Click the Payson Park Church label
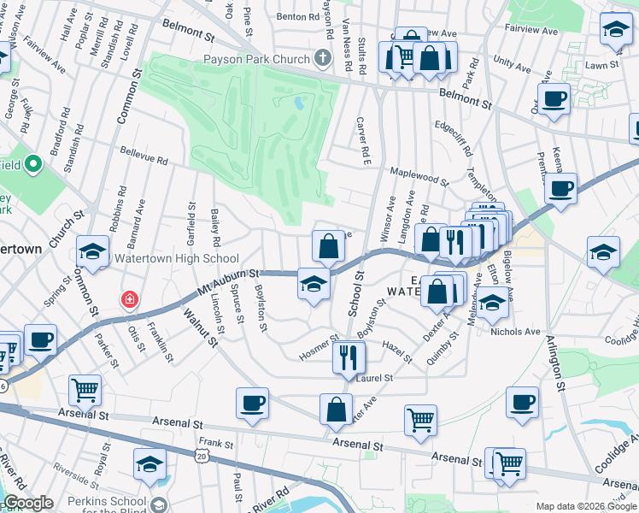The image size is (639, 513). click(256, 60)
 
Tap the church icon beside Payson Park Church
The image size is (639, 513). click(322, 59)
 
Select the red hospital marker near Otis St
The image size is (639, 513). click(129, 299)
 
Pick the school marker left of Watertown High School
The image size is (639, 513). click(92, 252)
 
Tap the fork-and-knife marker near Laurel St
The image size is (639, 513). click(349, 357)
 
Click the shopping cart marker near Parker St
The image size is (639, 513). click(85, 390)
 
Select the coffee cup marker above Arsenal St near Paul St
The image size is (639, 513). click(252, 404)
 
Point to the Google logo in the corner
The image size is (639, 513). click(28, 503)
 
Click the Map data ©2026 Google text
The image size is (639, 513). click(585, 506)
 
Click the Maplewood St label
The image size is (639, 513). click(419, 176)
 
